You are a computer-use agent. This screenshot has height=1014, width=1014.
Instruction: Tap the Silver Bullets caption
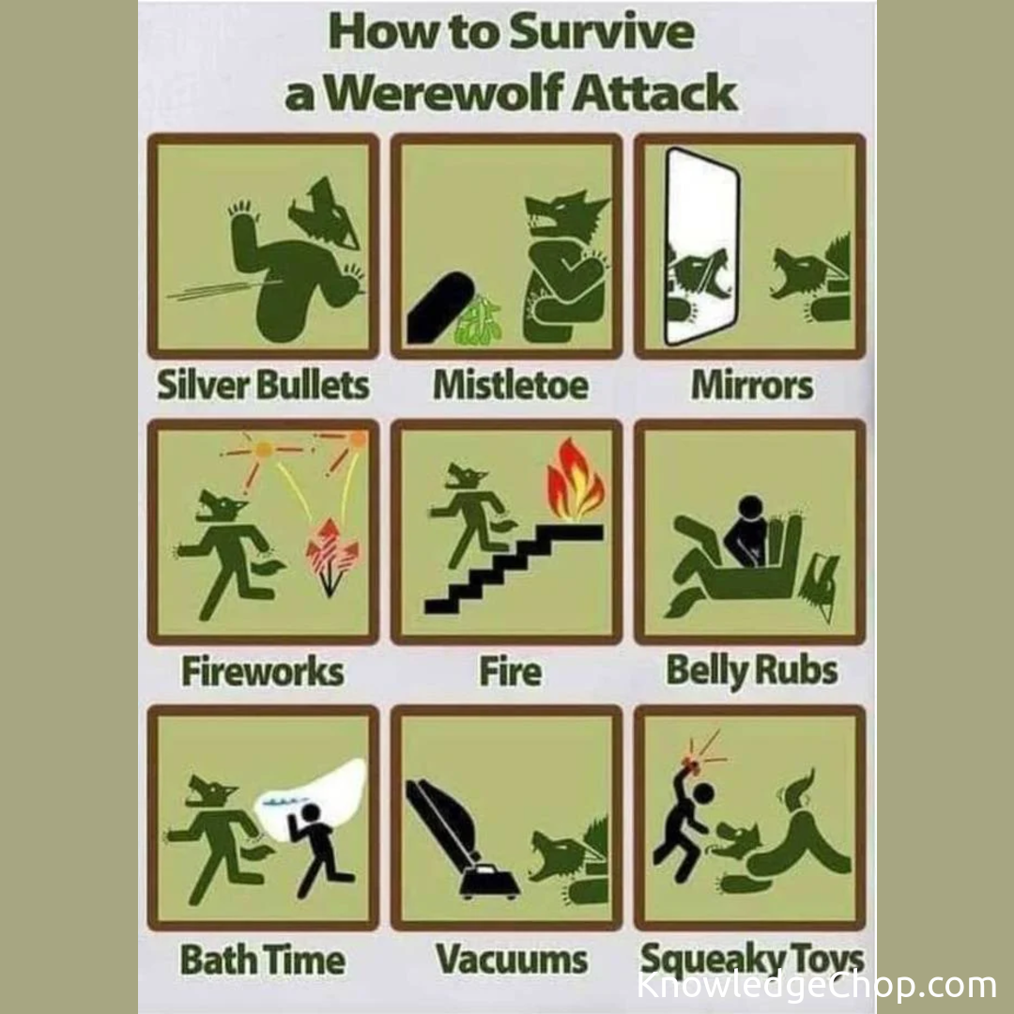[263, 385]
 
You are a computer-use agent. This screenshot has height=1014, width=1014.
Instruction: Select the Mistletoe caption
[510, 385]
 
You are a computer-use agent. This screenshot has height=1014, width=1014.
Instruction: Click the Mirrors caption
[752, 385]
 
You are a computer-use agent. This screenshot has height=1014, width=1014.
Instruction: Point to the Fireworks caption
[263, 671]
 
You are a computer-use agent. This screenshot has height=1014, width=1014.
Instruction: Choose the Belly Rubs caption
[752, 671]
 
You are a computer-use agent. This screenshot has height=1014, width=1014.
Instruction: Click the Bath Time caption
[263, 959]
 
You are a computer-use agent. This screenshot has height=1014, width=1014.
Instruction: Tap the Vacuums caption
[512, 959]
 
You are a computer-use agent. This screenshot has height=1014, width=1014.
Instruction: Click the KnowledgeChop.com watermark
[817, 986]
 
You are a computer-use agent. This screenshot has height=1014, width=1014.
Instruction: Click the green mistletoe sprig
[479, 320]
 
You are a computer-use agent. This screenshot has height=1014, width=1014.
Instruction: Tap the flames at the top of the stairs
[575, 481]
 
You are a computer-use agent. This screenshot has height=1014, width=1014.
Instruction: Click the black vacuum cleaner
[460, 840]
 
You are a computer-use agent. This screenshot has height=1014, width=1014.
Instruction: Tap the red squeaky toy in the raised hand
[693, 766]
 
